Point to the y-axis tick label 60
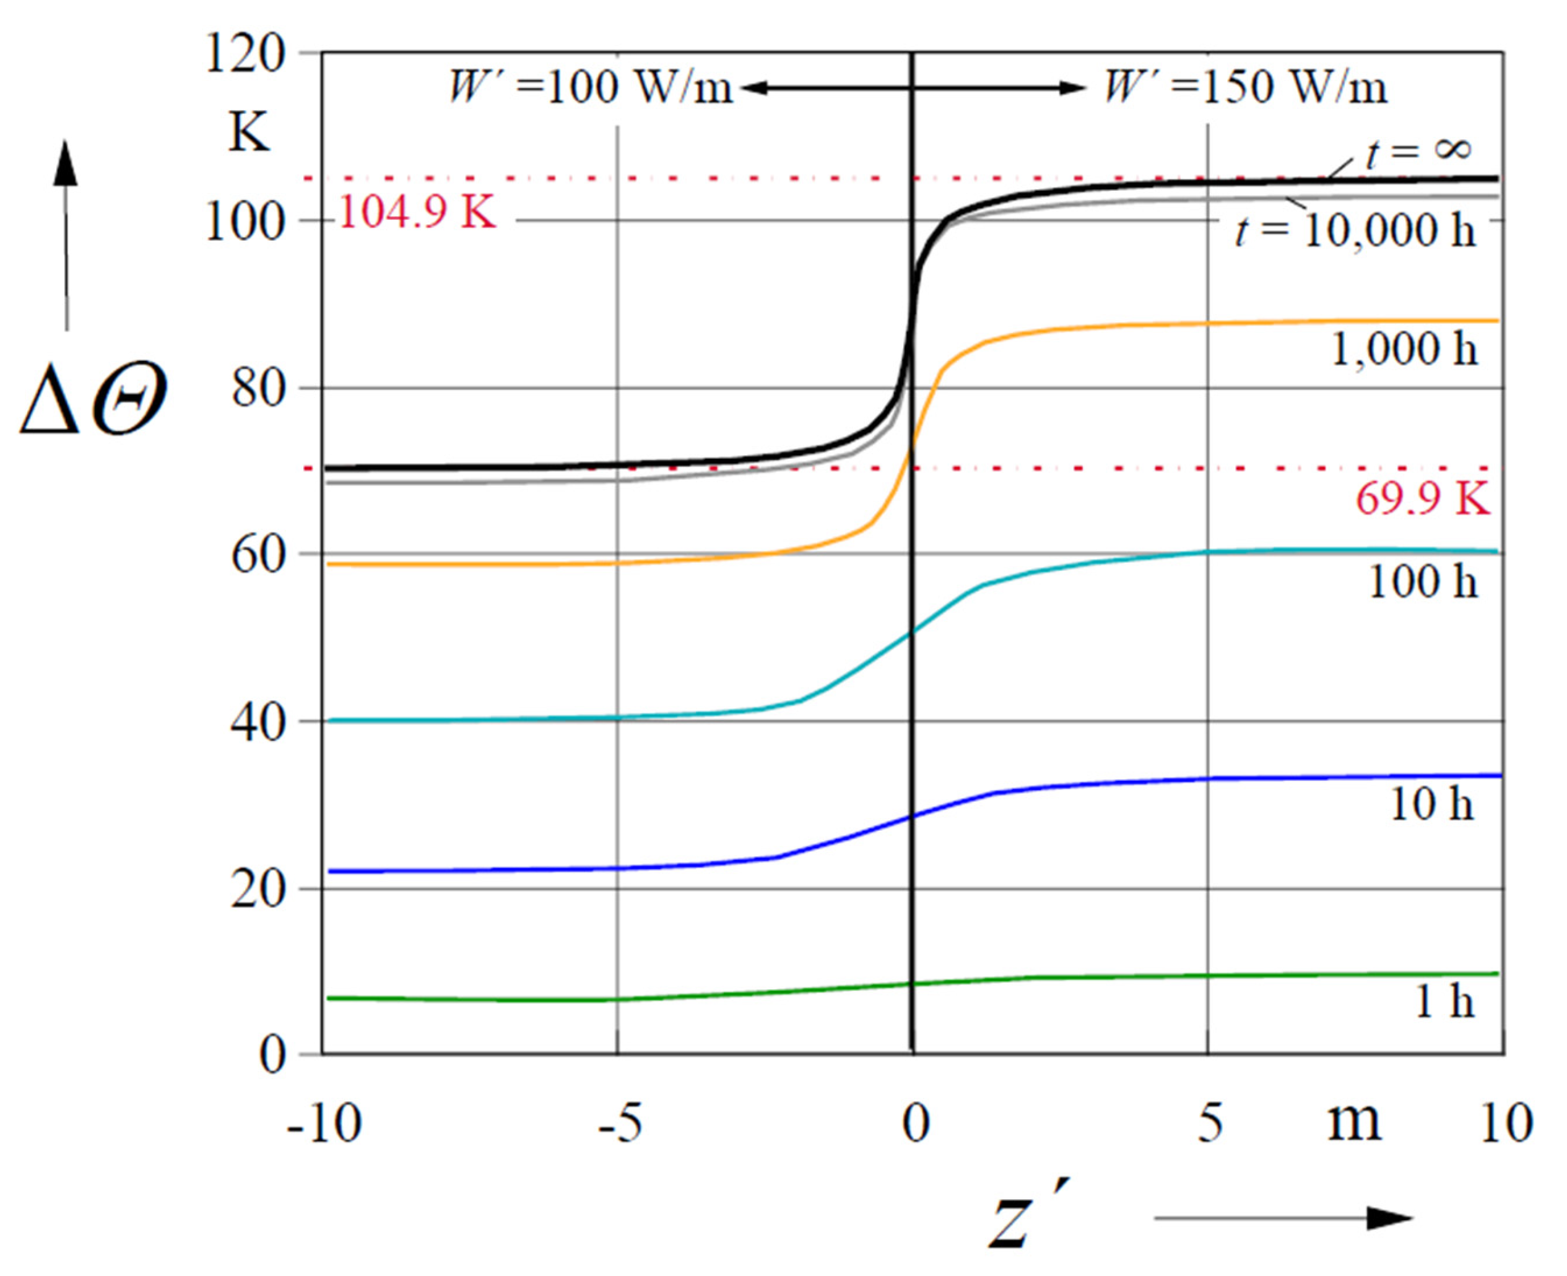coord(258,555)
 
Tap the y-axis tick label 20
coord(258,890)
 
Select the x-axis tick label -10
coord(324,1124)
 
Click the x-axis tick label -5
coord(620,1124)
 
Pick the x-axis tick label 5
coord(1210,1124)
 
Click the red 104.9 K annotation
coord(417,213)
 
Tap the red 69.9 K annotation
coord(1422,500)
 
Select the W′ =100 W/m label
coord(590,87)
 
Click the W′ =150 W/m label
coord(1246,87)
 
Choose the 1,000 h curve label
coord(1404,349)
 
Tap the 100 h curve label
coord(1422,582)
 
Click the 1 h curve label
coord(1444,1001)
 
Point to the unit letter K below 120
coord(249,132)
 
